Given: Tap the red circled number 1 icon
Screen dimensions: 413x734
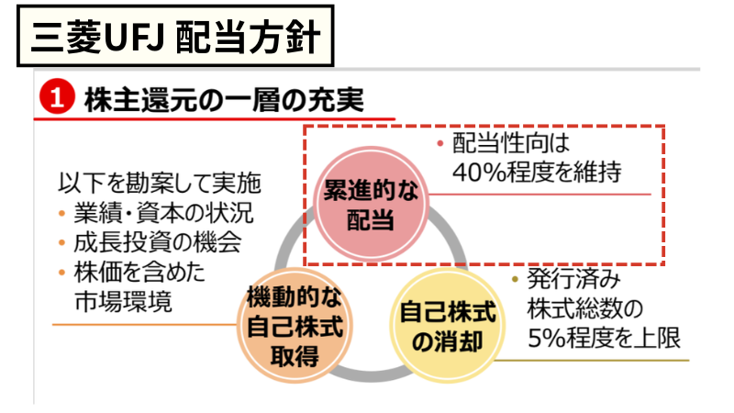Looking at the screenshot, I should point(57,99).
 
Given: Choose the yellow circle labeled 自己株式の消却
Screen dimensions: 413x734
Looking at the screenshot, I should point(447,327).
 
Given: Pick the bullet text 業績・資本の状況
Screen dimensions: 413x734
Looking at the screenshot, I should point(163,213).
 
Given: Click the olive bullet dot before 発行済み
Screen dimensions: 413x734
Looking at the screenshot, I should point(515,279).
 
